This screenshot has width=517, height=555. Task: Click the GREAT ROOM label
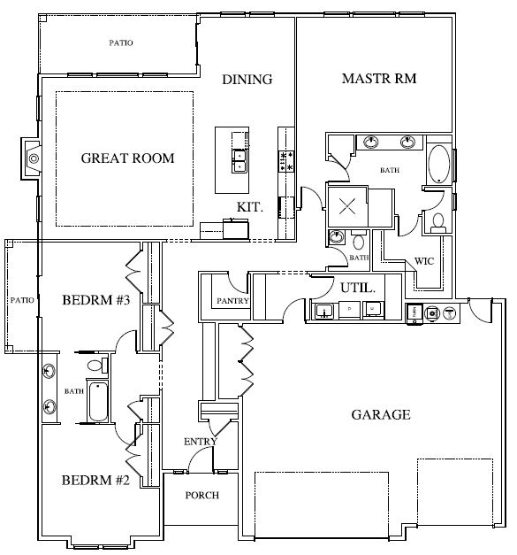(x=127, y=158)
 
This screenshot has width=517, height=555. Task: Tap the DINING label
(x=247, y=80)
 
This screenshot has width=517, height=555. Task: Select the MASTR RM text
(x=378, y=80)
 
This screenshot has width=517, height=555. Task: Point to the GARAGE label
(x=380, y=414)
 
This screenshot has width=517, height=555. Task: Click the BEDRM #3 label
(x=96, y=301)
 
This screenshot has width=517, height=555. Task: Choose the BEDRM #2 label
(x=96, y=482)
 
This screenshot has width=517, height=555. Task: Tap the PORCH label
(x=201, y=495)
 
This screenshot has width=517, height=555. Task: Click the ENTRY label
(x=200, y=441)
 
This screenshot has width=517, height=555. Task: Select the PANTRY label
(x=233, y=301)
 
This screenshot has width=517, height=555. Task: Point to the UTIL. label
(x=358, y=288)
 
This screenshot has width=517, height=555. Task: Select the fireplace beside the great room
(x=33, y=158)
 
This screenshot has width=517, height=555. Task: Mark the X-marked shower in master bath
(x=347, y=205)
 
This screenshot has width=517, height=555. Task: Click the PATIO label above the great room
(x=121, y=42)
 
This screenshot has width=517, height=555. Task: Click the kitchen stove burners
(x=285, y=160)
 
